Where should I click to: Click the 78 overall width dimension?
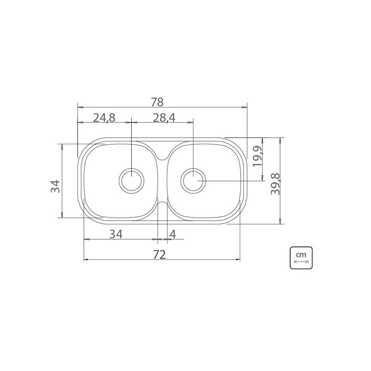coord(157,102)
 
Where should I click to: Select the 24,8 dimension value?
coord(104,118)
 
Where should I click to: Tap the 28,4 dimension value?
coord(164,118)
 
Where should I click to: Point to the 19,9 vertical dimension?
coord(257,156)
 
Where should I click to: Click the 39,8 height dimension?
coord(275,184)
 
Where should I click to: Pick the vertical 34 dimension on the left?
coord(55,186)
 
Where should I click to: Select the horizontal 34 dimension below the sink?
coord(116,234)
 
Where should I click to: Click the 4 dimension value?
coord(173,234)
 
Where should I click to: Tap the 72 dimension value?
coord(159,255)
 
